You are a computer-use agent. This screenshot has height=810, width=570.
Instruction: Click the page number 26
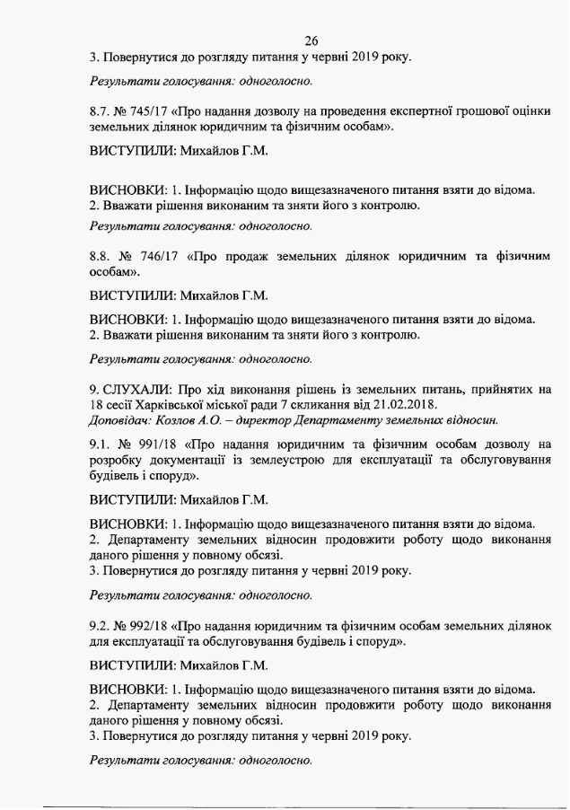click(x=312, y=40)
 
